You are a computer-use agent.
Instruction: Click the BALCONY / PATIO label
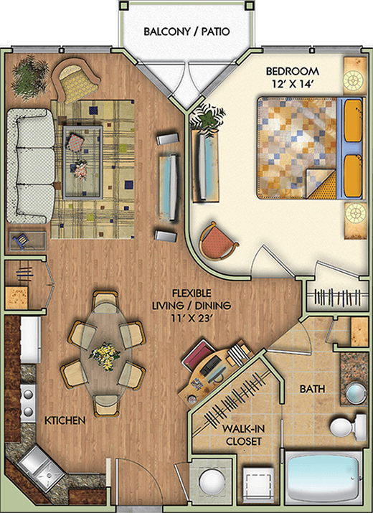[186, 32]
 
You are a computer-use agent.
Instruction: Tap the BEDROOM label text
[292, 71]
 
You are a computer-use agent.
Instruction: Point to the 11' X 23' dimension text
[192, 318]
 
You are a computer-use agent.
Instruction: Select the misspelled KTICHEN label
[65, 420]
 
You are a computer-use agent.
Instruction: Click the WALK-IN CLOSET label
[243, 435]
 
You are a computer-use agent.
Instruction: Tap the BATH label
[313, 389]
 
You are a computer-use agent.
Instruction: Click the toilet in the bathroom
[347, 427]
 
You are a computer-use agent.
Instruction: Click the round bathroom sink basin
[356, 393]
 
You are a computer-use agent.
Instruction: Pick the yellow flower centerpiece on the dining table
[105, 356]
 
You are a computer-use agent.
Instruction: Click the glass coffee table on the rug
[82, 163]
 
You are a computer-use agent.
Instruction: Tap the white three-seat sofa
[30, 166]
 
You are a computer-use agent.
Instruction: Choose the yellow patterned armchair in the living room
[75, 80]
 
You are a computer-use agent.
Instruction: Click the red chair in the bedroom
[218, 242]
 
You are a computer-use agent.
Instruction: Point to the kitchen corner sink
[41, 469]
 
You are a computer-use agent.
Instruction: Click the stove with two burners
[28, 403]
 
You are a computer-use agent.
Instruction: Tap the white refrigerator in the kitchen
[30, 339]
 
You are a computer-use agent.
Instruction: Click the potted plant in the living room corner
[29, 77]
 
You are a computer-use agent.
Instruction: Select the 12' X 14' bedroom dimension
[293, 84]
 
